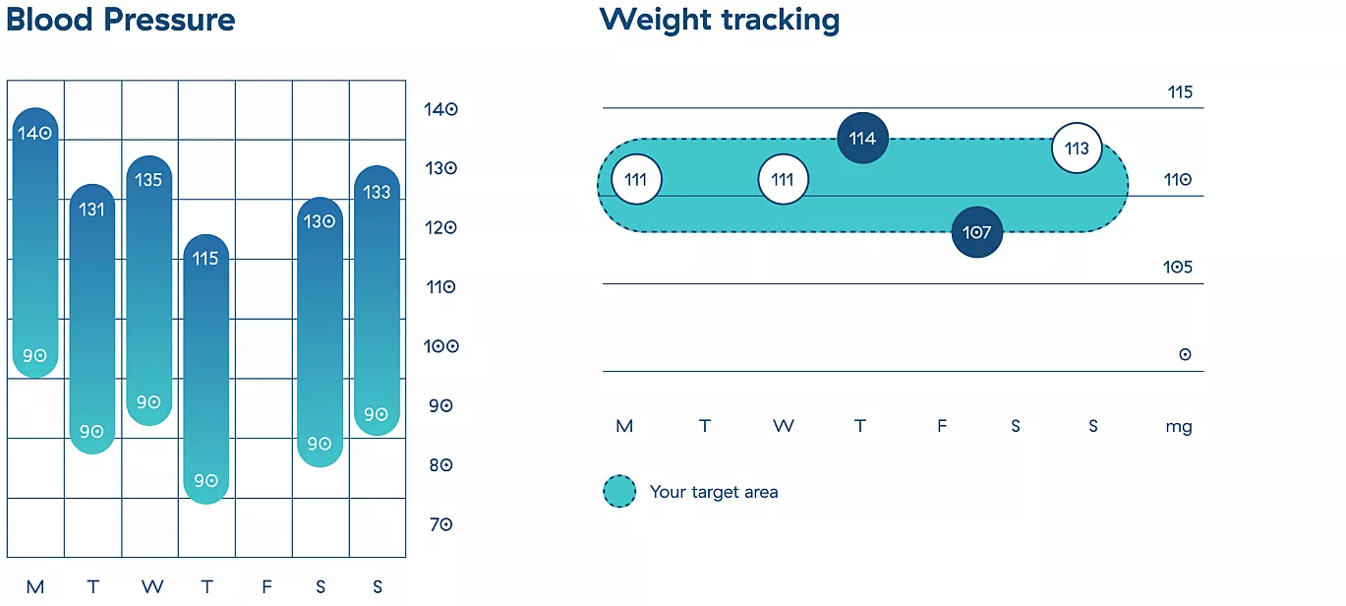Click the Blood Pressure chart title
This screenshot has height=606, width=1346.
coord(120,20)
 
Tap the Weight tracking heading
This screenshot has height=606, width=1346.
coord(720,21)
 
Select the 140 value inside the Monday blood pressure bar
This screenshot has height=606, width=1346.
coord(34,133)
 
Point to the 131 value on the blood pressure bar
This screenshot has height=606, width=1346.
coord(91,210)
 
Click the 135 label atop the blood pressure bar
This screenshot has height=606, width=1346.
coord(148,180)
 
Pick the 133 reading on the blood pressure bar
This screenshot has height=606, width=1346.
coord(377,192)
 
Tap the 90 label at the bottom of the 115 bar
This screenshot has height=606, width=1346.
coord(205,480)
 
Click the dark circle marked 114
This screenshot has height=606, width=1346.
coord(862,138)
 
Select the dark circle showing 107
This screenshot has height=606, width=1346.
coord(976,232)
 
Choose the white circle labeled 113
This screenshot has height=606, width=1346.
coord(1077,148)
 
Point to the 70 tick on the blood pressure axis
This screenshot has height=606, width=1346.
coord(440,525)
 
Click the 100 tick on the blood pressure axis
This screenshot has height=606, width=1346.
coord(441,346)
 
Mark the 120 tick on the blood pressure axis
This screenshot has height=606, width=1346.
coord(441,227)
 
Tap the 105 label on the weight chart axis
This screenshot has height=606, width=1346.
coord(1178,267)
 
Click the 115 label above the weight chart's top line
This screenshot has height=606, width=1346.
coord(1180,92)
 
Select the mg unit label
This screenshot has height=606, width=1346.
coord(1179,427)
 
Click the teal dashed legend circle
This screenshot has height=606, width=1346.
coord(619,491)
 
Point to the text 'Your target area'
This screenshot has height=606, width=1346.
coord(714,492)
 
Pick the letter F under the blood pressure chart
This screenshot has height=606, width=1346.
coord(266,586)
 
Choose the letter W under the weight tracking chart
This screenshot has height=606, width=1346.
coord(783,426)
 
